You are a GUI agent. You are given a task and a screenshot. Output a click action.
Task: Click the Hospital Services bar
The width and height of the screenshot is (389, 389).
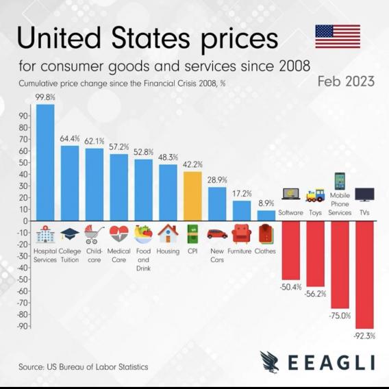pos(45,162)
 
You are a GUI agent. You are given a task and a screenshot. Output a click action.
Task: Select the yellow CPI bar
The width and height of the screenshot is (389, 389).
pos(192,197)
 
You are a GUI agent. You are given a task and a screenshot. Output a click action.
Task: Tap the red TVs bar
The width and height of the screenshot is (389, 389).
pos(364,275)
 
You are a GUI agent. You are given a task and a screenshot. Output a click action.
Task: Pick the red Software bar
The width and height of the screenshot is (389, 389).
pos(291,251)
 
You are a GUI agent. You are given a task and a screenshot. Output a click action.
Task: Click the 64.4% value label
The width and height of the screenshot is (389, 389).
pos(70,138)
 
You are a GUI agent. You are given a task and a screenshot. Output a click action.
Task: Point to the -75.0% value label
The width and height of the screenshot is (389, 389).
pos(340,316)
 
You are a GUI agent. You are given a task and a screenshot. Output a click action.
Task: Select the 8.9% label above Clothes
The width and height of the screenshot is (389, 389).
pos(266,203)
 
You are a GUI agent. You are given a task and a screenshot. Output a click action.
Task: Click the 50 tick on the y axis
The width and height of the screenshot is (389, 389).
pos(23,163)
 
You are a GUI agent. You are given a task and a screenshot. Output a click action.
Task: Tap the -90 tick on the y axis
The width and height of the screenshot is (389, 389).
pos(23,326)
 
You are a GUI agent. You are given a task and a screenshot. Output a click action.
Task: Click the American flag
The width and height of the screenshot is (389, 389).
pos(338,36)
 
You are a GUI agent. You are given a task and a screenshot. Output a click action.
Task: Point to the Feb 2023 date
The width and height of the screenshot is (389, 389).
pos(346,81)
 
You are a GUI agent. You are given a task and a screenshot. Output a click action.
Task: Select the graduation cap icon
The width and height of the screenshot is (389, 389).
pos(70,234)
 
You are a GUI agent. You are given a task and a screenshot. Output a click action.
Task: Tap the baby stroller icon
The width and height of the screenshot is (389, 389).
pos(94,234)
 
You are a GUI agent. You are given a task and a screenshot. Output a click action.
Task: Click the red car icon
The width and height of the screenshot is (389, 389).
pos(217,234)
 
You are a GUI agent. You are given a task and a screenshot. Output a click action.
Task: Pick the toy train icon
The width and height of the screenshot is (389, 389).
pos(315,195)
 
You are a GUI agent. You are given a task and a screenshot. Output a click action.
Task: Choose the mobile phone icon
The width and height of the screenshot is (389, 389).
pos(340,181)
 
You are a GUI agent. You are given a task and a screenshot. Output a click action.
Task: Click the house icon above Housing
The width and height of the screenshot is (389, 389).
pos(168,234)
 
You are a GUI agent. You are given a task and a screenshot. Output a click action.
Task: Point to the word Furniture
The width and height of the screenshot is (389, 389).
pos(240,251)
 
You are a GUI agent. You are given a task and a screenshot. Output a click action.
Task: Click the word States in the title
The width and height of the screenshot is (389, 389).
pos(151,38)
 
